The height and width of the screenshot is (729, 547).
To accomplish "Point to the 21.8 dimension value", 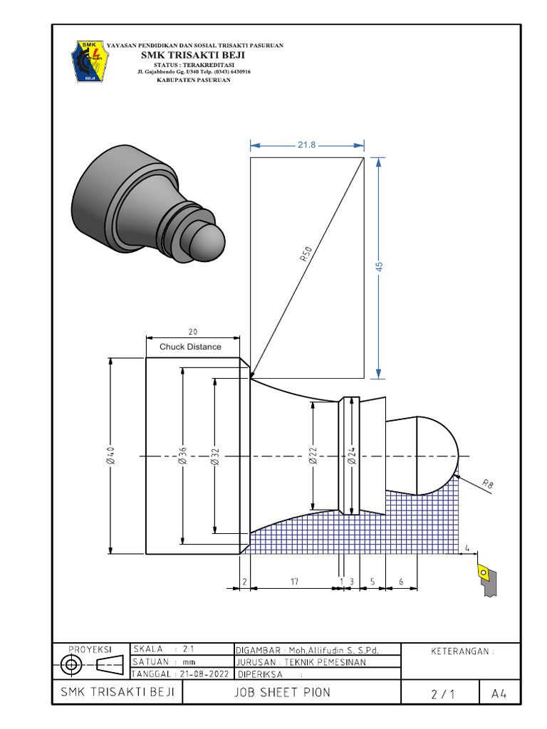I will pos(306,145).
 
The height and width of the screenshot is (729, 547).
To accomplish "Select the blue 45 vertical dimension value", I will pos(379,266).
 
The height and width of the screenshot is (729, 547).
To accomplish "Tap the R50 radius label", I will pos(307,256).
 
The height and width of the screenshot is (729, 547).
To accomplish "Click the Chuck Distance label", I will pos(190,347).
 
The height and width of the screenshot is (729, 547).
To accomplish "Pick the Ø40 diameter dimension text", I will pos(110,456).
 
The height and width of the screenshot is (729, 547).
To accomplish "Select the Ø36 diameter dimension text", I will pos(182,456).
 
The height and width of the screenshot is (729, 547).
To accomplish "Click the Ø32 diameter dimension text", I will pos(215,456).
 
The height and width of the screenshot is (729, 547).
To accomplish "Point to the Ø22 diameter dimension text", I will pos(313,456).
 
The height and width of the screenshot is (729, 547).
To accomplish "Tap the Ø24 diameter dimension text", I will pos(350,456).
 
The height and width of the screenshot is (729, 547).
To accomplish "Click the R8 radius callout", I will pos(488,485).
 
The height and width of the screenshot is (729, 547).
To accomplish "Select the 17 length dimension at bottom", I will pos(295,582).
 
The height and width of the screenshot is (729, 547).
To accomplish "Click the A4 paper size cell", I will pos(499,693).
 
